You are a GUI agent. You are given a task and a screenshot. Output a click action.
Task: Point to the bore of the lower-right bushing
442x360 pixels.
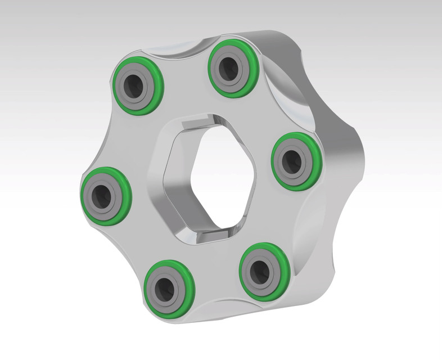261,272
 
